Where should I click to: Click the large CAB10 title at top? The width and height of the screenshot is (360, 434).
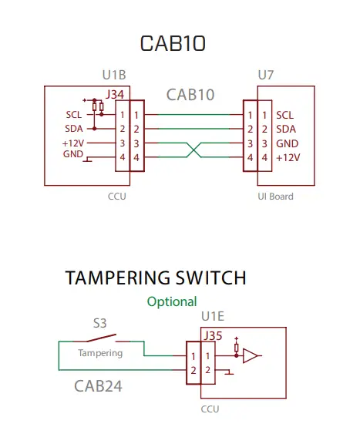coord(173,43)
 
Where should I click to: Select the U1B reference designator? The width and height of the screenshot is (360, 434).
coord(114,76)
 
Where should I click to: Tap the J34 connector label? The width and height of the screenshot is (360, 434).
coord(115,95)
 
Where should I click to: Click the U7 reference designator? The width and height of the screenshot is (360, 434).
coord(266,76)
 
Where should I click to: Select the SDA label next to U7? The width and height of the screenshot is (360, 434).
coord(285,129)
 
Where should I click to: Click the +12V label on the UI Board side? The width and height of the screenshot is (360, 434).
coord(288,157)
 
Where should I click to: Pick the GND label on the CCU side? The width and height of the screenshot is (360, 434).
coord(72,154)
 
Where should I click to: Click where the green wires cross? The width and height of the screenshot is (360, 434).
coord(192,150)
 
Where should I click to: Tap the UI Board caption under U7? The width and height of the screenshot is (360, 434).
coord(275,197)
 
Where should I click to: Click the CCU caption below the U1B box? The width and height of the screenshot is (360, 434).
coord(116,197)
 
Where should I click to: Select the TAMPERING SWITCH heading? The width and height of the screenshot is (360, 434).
coord(156,278)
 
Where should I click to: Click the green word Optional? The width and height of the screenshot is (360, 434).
coord(172,301)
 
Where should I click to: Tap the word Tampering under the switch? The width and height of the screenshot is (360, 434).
coord(100,353)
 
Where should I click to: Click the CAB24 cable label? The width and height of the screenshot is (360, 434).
coord(98,385)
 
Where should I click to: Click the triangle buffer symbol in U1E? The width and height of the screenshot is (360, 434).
coord(251,355)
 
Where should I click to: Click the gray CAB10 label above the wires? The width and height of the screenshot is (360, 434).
coord(190,95)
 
